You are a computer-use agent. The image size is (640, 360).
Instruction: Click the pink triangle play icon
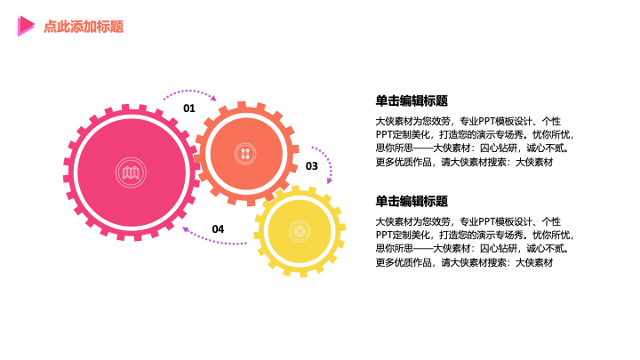coord(26,26)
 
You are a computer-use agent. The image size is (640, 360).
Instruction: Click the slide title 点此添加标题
coord(84,27)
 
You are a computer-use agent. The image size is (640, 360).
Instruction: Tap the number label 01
coord(189,108)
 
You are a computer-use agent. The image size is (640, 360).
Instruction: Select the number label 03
coord(311,166)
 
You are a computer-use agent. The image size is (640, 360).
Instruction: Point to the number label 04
coord(218,229)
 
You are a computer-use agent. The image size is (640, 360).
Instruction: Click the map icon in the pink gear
coord(131,172)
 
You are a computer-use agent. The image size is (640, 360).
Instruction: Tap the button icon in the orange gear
coord(245,154)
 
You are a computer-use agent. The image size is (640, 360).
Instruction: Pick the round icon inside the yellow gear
coord(300,231)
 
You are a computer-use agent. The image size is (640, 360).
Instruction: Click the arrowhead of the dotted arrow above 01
coord(213,99)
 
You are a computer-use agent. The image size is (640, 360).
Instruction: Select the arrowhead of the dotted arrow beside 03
coord(330,180)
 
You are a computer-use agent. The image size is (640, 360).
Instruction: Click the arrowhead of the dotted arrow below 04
coord(185,229)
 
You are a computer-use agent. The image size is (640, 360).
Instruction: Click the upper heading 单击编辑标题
coord(412,100)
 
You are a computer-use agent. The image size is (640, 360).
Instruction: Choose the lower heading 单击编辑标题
coord(412,201)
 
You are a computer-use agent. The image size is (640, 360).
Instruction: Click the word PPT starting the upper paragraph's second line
coord(384,135)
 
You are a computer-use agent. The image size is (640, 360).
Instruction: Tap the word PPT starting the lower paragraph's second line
coord(384,235)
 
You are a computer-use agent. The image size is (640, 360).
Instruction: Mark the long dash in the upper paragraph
coord(423,148)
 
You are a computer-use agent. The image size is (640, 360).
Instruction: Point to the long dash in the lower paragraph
coord(423,249)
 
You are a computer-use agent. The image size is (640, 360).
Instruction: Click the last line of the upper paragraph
coord(464,162)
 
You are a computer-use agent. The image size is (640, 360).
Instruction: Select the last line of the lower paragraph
coord(464,262)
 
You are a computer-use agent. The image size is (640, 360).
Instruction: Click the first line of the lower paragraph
coord(468,221)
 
